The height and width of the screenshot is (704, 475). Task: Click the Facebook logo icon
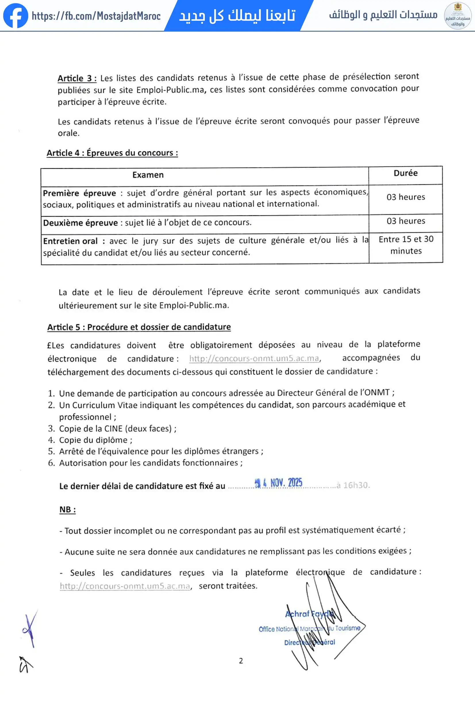[16, 16]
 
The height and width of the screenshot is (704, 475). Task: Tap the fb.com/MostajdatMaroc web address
[96, 16]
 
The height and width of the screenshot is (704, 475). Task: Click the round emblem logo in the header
[457, 16]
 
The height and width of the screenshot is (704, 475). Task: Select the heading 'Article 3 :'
[77, 78]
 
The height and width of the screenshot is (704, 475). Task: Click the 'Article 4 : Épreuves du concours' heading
[112, 153]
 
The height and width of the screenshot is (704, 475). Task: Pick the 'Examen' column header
[148, 175]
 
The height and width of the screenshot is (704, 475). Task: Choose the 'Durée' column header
[405, 173]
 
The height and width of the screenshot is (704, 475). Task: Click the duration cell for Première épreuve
[406, 197]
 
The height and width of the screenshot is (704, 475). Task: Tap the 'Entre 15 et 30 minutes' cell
[406, 245]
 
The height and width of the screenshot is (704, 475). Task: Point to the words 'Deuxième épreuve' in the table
[80, 223]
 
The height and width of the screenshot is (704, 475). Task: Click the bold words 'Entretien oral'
[70, 241]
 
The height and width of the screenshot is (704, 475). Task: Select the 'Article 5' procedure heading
[139, 327]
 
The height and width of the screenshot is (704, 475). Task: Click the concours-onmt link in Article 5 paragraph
[254, 358]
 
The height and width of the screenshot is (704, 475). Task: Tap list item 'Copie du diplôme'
[95, 440]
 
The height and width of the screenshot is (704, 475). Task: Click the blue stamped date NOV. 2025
[279, 483]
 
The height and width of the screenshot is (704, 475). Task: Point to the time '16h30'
[356, 485]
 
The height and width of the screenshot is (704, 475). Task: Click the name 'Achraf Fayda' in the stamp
[309, 614]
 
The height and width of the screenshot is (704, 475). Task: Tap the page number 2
[241, 661]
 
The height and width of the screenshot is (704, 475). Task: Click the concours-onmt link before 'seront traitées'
[125, 586]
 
